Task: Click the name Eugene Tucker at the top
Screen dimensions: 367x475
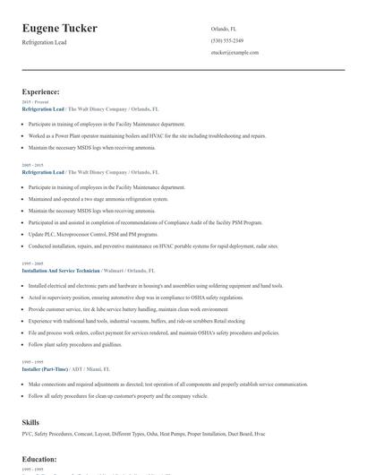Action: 60,29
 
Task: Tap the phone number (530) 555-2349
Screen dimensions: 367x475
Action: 226,40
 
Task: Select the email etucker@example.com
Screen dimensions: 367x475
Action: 235,53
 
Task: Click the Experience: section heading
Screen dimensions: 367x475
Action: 41,91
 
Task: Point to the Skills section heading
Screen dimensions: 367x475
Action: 31,420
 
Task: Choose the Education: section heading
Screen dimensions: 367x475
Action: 39,458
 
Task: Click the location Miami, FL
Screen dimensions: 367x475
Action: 100,368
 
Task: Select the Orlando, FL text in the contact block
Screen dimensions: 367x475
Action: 224,29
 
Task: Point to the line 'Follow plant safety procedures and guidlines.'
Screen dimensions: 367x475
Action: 88,344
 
